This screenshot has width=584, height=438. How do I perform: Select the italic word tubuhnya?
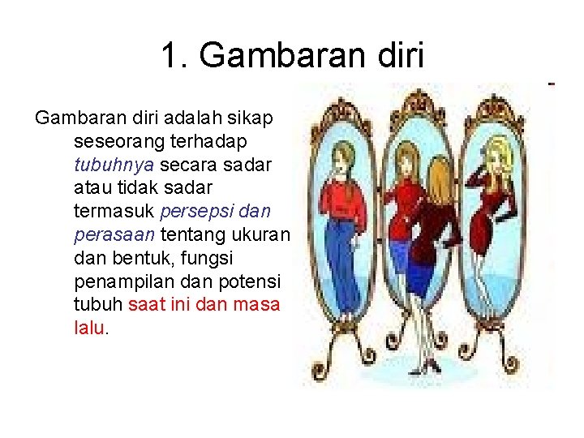coord(114,165)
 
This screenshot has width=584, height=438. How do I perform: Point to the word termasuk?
coord(114,212)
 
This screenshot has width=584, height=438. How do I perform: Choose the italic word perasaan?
coord(114,235)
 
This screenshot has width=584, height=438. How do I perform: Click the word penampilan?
coord(122,282)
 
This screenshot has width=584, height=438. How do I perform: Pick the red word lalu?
coord(89,328)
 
